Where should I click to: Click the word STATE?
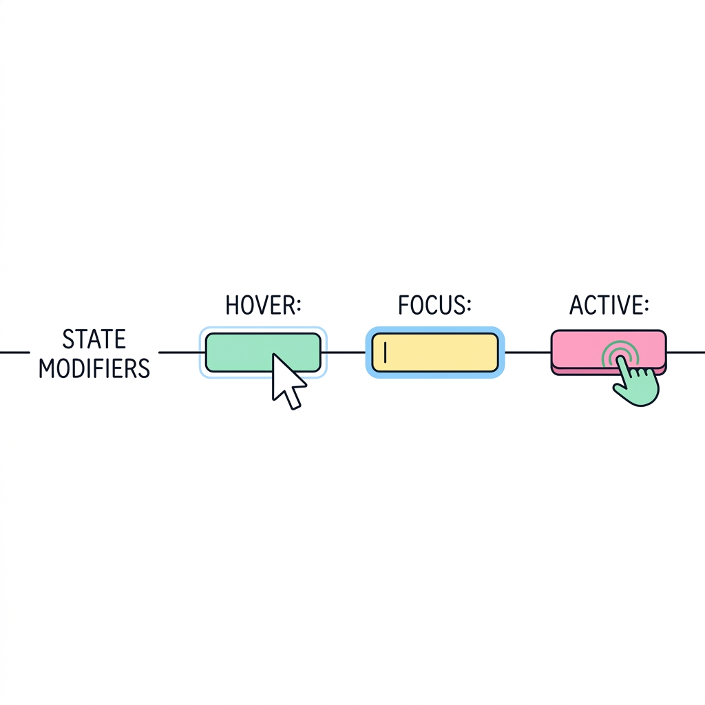[94, 339]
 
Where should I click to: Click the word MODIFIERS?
[94, 368]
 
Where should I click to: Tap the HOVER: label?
[263, 305]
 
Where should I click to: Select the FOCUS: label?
[435, 305]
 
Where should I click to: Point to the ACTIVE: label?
[609, 305]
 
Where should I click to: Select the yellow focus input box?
[435, 352]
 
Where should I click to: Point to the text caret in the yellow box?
[386, 352]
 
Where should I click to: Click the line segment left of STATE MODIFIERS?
[15, 352]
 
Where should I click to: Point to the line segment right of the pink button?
[686, 352]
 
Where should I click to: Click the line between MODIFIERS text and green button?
[180, 352]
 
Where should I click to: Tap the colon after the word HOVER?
[298, 306]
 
